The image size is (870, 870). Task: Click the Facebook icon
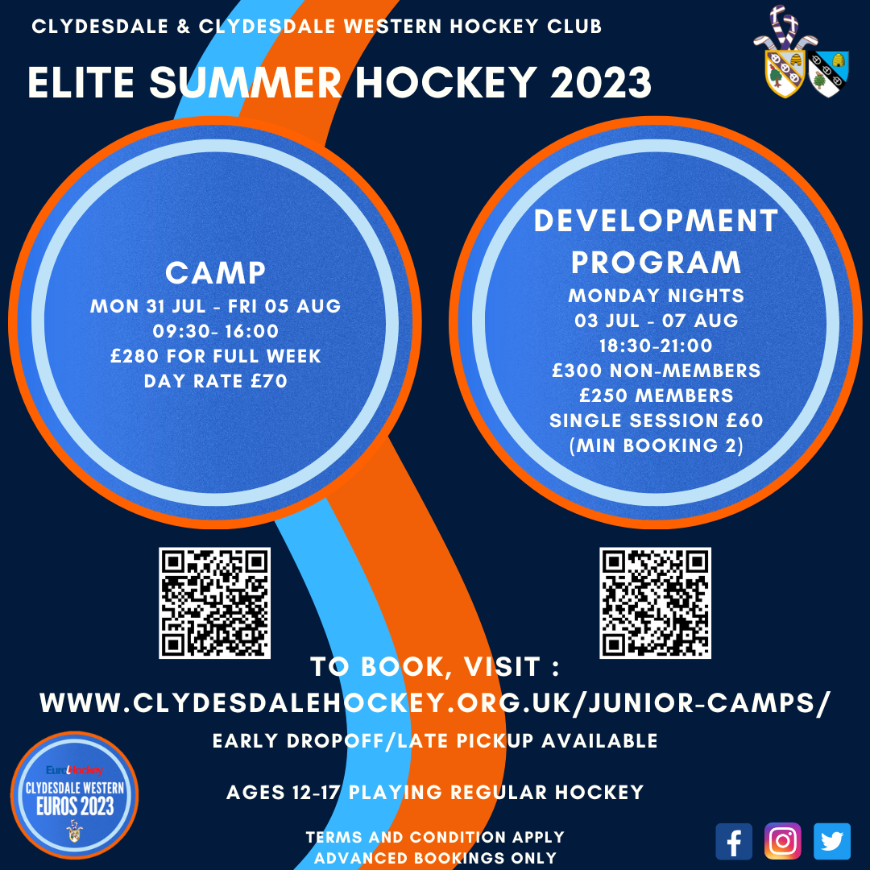click(x=734, y=842)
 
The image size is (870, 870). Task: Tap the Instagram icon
click(x=782, y=842)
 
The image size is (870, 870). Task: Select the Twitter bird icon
click(x=831, y=842)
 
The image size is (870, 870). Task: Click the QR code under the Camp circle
click(x=215, y=603)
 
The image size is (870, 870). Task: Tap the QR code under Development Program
click(x=655, y=603)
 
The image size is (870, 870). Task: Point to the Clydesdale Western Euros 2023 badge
click(x=74, y=795)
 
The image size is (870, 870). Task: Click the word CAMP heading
click(x=215, y=273)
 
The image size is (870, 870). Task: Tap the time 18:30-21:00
click(x=656, y=346)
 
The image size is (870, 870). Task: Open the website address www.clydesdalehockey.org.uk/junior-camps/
click(x=435, y=703)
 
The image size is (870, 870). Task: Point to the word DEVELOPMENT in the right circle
click(x=656, y=221)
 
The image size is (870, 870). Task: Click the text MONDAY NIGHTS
click(x=656, y=296)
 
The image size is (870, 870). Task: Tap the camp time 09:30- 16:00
click(x=215, y=331)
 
